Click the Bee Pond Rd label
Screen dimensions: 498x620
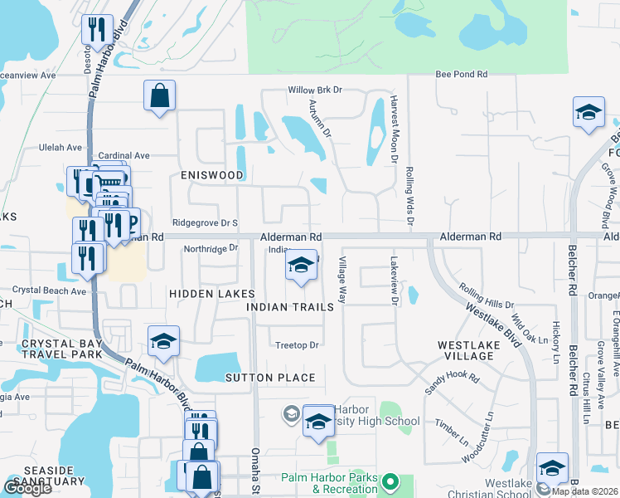(462, 75)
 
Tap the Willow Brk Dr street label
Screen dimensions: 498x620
(315, 90)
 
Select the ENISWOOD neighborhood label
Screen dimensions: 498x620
(212, 176)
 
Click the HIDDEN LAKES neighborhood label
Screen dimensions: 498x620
(204, 294)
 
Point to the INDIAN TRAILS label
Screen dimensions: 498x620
(290, 306)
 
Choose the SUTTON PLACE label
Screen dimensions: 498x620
(270, 378)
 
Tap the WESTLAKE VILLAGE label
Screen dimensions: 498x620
(466, 349)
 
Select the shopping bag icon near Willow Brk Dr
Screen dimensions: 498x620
(159, 95)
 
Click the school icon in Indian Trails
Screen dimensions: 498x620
(302, 266)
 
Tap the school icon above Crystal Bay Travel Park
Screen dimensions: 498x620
(163, 341)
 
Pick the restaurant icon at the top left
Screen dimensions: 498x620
(97, 30)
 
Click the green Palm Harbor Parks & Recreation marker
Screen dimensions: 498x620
(395, 482)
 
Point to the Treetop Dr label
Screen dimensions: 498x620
(297, 345)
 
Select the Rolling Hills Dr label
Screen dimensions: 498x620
(487, 298)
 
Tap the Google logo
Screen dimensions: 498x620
(27, 487)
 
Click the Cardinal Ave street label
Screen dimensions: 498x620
(124, 155)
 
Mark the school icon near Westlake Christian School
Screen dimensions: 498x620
(552, 467)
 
